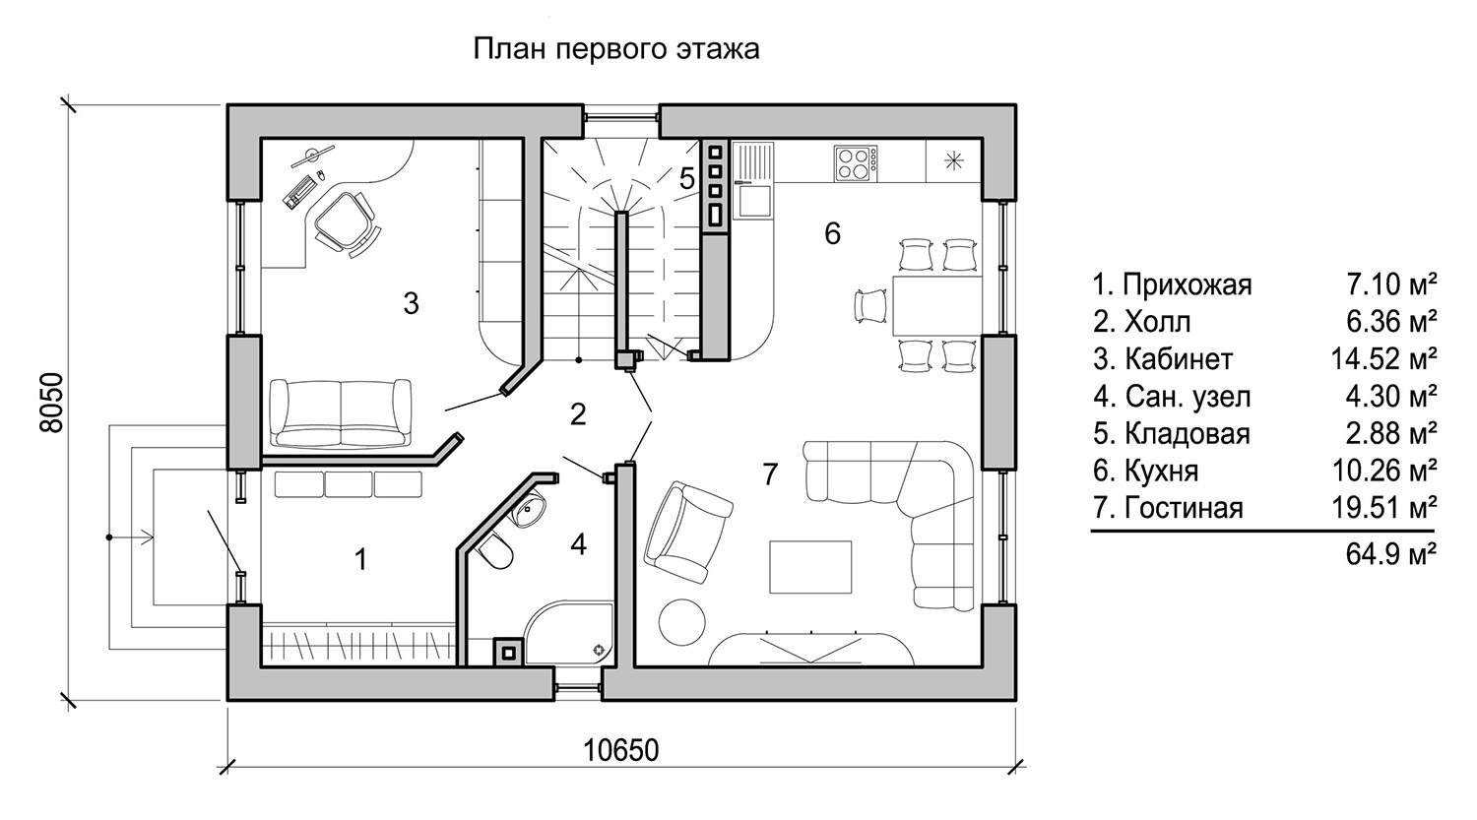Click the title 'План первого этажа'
tap(616, 49)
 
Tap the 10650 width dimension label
tap(621, 751)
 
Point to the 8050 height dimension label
tap(51, 403)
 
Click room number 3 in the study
tap(411, 304)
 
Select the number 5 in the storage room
tap(687, 178)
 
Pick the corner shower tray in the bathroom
tap(570, 631)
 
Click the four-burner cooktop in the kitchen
tap(856, 163)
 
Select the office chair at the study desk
tap(346, 222)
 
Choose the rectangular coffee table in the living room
tap(810, 568)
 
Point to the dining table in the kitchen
tap(937, 306)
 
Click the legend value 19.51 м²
tap(1383, 508)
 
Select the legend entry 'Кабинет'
tap(1163, 359)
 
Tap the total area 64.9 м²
tap(1391, 554)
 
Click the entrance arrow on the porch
tap(130, 537)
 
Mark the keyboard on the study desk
tap(298, 191)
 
